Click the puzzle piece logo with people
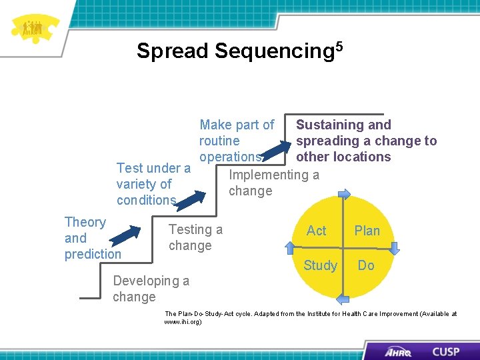click(31, 28)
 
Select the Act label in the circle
click(316, 231)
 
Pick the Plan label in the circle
click(367, 231)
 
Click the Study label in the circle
click(320, 265)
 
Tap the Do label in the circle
click(366, 265)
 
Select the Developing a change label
click(151, 289)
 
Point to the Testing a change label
click(195, 237)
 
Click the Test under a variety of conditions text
click(152, 184)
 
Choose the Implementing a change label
click(273, 183)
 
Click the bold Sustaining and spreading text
click(365, 141)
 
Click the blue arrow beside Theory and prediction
click(127, 235)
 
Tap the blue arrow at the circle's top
click(344, 195)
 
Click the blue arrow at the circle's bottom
click(343, 299)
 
